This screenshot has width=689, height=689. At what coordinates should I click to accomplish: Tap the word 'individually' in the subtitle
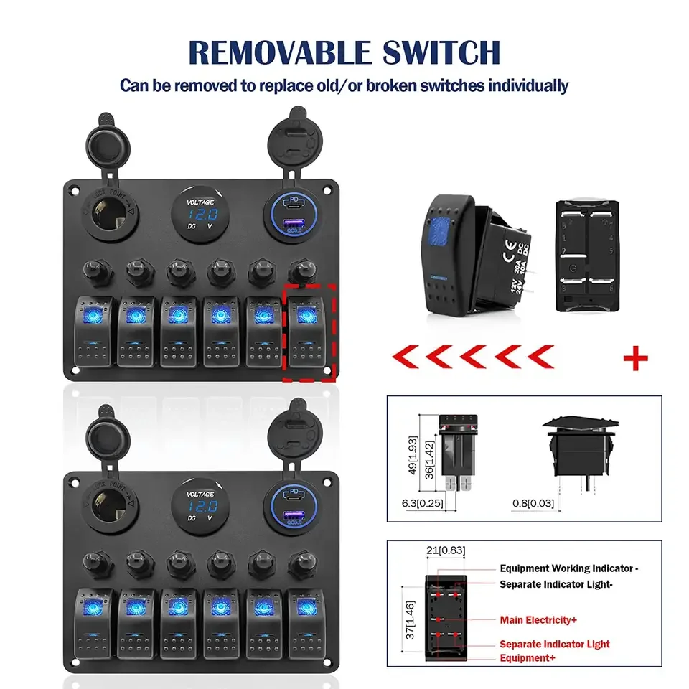(528, 85)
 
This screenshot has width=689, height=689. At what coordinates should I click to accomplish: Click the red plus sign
(635, 358)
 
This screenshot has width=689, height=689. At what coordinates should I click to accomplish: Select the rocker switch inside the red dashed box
(309, 331)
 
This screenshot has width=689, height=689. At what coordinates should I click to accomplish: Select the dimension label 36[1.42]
(428, 459)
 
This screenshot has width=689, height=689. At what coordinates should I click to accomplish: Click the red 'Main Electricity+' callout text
(538, 619)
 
